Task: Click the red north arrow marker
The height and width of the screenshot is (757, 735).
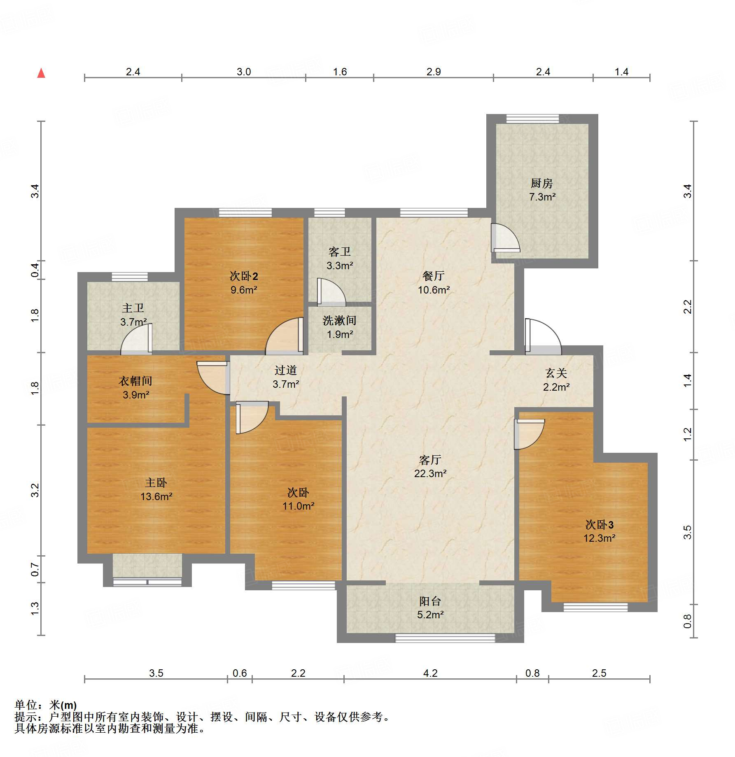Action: tap(41, 73)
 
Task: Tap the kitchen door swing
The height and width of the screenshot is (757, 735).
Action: tap(504, 238)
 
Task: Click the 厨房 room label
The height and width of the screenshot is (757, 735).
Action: tap(541, 183)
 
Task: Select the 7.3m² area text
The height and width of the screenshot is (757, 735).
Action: tap(542, 197)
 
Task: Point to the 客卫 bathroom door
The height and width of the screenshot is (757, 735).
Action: tap(330, 292)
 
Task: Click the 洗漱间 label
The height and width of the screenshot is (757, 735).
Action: tap(339, 320)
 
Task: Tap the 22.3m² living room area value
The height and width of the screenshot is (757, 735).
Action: tap(430, 473)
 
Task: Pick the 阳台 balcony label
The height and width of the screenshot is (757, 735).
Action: tap(430, 601)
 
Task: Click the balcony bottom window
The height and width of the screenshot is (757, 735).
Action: tap(445, 638)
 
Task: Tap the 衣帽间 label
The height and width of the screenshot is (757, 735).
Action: tap(135, 381)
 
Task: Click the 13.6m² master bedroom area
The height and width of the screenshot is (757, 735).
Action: tap(156, 496)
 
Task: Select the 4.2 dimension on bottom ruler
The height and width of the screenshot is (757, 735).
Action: tap(430, 673)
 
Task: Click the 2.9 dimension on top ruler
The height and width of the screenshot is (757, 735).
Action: tap(434, 72)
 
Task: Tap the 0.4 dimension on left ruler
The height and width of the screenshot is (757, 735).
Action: tap(35, 270)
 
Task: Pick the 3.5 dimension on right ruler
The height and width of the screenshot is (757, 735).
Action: tap(687, 532)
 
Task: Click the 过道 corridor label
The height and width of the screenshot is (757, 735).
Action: tap(285, 370)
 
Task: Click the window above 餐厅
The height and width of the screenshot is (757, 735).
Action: tap(434, 213)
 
